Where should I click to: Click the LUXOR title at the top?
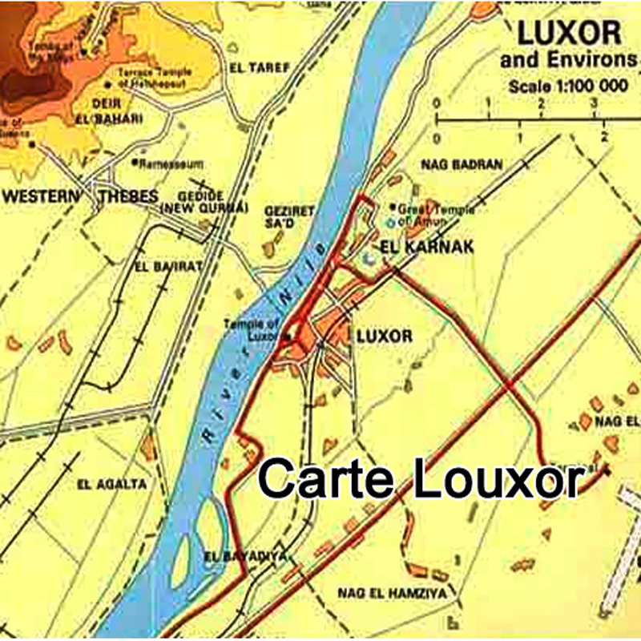(x=569, y=34)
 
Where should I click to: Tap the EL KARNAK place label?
(x=428, y=247)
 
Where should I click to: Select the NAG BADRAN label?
(x=462, y=165)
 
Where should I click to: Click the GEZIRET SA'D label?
(x=289, y=217)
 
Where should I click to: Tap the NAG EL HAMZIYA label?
(x=378, y=594)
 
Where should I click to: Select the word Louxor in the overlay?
(x=492, y=479)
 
